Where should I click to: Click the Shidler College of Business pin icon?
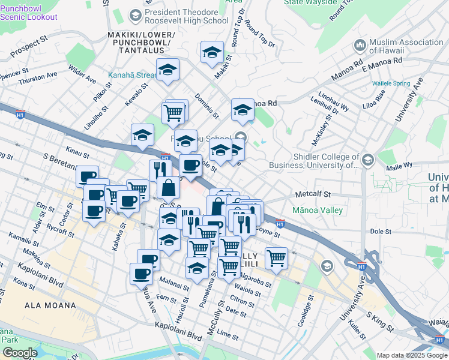click(367, 160)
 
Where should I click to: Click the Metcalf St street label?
click(313, 194)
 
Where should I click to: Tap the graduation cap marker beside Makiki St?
click(212, 53)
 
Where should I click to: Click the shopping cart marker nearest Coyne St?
click(276, 257)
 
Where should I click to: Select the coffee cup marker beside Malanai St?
click(141, 274)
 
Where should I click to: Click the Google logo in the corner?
click(20, 353)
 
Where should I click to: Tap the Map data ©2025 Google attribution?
click(412, 355)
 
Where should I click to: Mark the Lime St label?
click(229, 333)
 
